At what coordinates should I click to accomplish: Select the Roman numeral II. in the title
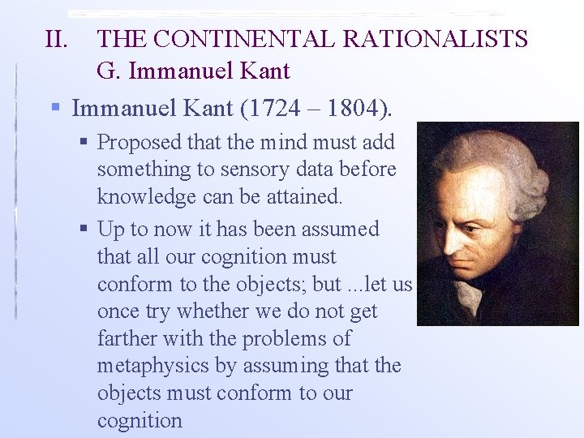tap(59, 38)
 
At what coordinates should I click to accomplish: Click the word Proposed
tap(139, 143)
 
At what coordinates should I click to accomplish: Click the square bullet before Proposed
tap(85, 143)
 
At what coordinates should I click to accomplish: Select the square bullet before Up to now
tap(85, 230)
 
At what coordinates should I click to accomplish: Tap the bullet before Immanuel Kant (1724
tap(56, 108)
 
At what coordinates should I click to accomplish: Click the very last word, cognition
tap(140, 420)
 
